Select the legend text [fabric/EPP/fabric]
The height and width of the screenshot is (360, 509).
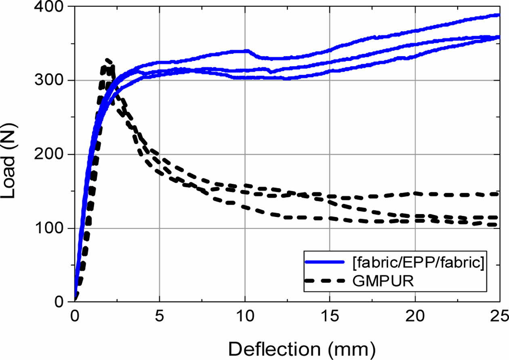(x=418, y=262)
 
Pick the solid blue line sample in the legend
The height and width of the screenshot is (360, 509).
(x=325, y=262)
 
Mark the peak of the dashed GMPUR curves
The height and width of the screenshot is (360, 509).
(x=107, y=61)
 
